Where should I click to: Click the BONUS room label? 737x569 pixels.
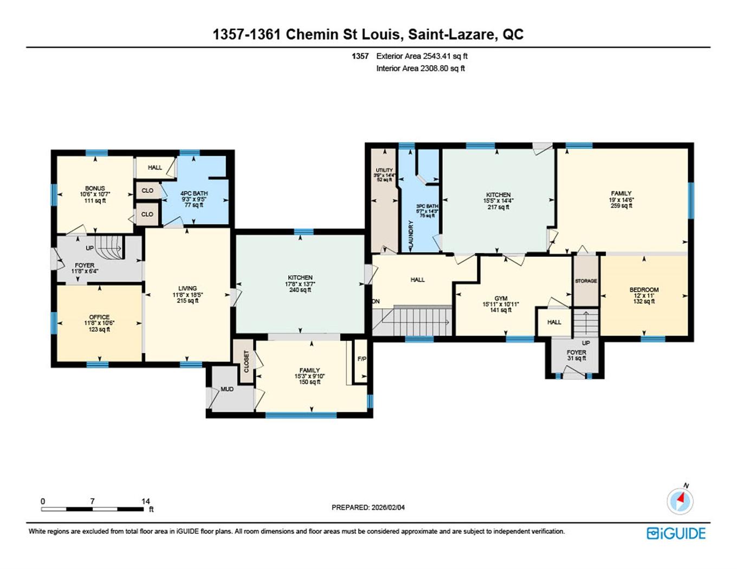pyautogui.click(x=95, y=189)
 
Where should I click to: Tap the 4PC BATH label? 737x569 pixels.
pyautogui.click(x=193, y=193)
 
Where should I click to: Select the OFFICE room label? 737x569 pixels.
pyautogui.click(x=99, y=317)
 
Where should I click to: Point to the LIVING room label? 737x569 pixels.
pyautogui.click(x=188, y=288)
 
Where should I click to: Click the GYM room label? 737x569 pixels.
pyautogui.click(x=501, y=299)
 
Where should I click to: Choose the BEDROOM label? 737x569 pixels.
pyautogui.click(x=644, y=290)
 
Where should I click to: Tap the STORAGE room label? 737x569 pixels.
pyautogui.click(x=586, y=281)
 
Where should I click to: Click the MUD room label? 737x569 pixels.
pyautogui.click(x=227, y=389)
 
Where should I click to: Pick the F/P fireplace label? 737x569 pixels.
pyautogui.click(x=361, y=359)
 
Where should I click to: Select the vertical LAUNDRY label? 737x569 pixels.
pyautogui.click(x=411, y=234)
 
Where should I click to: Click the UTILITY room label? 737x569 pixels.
pyautogui.click(x=384, y=170)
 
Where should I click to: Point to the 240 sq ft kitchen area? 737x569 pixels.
pyautogui.click(x=300, y=290)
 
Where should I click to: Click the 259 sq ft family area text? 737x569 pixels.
pyautogui.click(x=621, y=206)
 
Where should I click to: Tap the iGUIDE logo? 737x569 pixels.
pyautogui.click(x=676, y=533)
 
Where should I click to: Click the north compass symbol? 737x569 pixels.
pyautogui.click(x=680, y=500)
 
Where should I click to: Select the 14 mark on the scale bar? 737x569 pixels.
pyautogui.click(x=145, y=501)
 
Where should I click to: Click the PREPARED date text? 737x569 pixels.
pyautogui.click(x=368, y=508)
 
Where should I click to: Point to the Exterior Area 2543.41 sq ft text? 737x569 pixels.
pyautogui.click(x=422, y=56)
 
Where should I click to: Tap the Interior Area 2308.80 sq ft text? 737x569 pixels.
pyautogui.click(x=421, y=68)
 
